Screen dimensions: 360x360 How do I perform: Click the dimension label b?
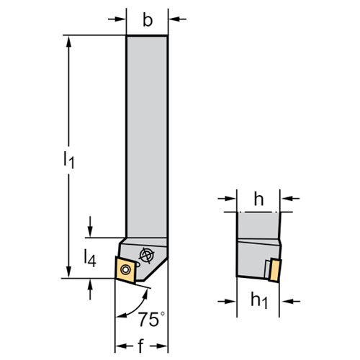[x=148, y=20]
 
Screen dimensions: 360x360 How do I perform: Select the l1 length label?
[x=69, y=160]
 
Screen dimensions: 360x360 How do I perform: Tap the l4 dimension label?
[x=90, y=258]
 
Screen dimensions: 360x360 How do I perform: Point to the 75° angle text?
[x=152, y=320]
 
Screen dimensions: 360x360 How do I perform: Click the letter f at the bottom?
[x=141, y=346]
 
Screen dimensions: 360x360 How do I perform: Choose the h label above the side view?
[x=258, y=199]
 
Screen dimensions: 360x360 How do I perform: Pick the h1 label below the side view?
[x=259, y=301]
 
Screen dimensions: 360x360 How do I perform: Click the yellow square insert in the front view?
[x=125, y=270]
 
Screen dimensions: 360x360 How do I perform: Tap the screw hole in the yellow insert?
[x=125, y=269]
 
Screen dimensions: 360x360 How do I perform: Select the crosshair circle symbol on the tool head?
[x=147, y=255]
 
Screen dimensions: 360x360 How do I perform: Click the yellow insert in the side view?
[x=275, y=271]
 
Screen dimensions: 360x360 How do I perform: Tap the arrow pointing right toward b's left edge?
[x=117, y=19]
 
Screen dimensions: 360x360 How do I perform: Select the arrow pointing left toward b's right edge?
[x=177, y=19]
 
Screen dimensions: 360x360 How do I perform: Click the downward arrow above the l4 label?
[x=90, y=227]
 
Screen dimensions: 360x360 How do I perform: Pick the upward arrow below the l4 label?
[x=90, y=289]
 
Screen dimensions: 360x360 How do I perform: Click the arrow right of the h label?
[x=290, y=199]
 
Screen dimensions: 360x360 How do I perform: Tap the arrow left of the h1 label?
[x=227, y=301]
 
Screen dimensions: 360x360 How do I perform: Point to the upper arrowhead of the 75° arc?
[x=145, y=293]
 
